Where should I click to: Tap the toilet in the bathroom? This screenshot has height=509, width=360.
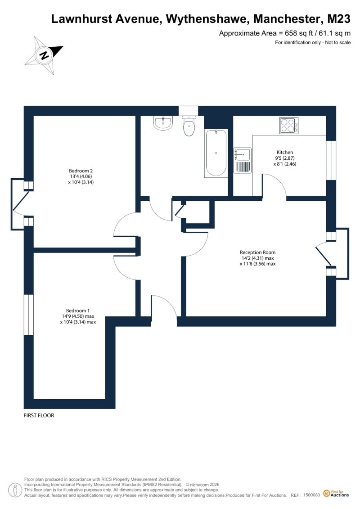coord(189,126)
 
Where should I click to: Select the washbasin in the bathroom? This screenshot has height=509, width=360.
coord(162,123)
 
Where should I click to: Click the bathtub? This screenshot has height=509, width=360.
coord(216,153)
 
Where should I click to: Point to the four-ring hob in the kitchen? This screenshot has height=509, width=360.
coord(288,126)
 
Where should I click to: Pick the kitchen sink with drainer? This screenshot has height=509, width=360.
coord(243,160)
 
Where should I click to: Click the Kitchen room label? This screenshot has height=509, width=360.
coord(285,152)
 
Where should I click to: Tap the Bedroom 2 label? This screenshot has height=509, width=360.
coord(81,171)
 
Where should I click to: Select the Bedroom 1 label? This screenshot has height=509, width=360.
coord(78,311)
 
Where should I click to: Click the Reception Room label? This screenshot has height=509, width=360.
coord(258,252)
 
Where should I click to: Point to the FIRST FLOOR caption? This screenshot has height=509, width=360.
coord(39,415)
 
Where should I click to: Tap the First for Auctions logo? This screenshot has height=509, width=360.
coord(336,494)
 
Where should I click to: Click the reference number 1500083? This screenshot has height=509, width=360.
coord(312,495)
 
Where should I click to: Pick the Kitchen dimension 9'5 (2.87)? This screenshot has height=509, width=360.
coord(285,158)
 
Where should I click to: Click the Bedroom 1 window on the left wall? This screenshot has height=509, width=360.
coord(28,315)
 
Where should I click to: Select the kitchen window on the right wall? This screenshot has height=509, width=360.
coord(331,160)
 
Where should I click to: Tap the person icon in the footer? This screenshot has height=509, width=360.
coord(14,491)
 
